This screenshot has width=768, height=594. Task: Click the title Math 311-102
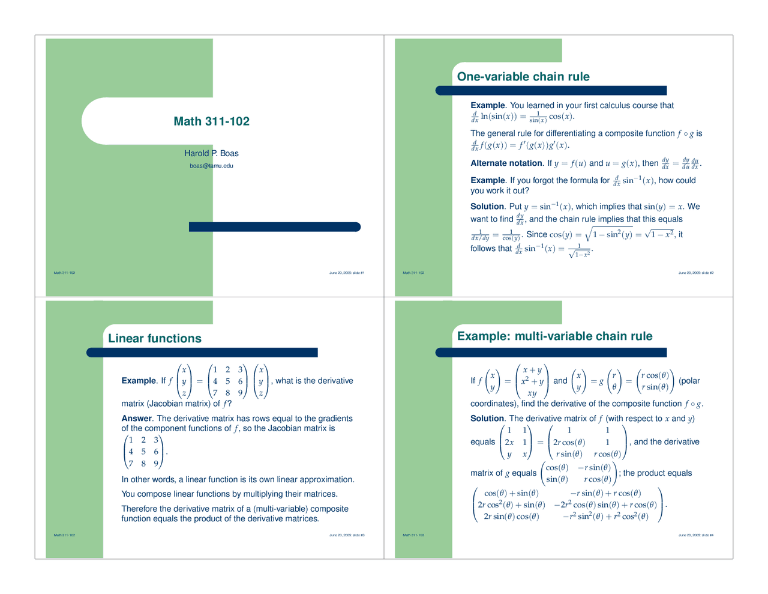coord(211,121)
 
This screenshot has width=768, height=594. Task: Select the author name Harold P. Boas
coord(211,153)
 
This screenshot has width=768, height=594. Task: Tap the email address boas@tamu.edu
coord(211,166)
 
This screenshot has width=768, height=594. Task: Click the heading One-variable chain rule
coord(523,77)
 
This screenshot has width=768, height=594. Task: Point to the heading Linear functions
coord(155,339)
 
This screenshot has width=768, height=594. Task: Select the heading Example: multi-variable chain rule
coord(554,336)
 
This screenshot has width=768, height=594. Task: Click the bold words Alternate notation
coord(506,163)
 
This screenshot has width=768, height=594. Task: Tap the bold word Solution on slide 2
coord(487,207)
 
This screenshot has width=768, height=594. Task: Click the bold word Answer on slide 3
coord(137,419)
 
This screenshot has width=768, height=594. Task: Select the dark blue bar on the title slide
coord(274,227)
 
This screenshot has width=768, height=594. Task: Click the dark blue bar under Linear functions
coord(202,353)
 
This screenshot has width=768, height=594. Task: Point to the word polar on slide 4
coord(689,381)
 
